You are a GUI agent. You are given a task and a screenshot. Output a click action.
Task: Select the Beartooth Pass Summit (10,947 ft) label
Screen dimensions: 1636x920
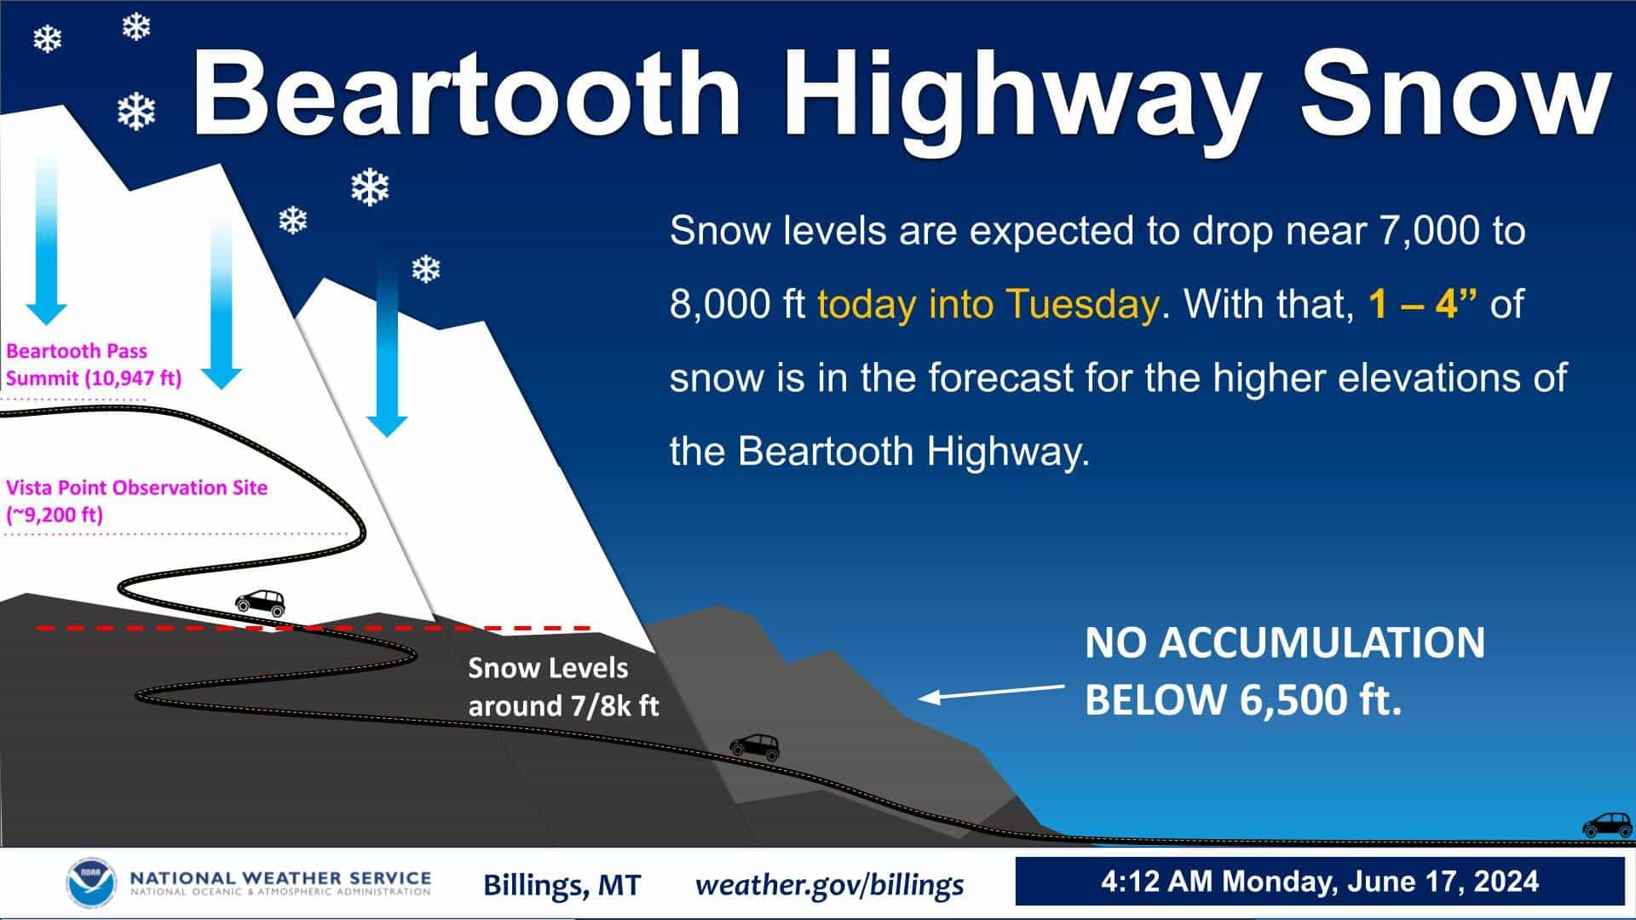94,365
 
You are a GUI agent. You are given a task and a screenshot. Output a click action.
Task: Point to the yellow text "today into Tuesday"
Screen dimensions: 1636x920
988,304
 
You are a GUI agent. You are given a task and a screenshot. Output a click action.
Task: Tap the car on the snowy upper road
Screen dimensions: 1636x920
260,603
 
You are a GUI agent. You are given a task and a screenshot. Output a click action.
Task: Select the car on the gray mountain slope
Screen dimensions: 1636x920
755,746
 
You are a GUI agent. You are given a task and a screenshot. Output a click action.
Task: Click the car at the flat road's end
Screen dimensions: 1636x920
1608,825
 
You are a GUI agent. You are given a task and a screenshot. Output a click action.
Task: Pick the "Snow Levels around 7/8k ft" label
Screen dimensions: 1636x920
563,687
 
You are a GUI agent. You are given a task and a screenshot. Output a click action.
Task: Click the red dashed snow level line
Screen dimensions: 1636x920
314,628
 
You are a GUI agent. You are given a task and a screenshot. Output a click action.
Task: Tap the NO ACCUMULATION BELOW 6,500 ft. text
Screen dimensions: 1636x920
1284,671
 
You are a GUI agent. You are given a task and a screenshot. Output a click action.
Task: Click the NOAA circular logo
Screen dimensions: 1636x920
89,883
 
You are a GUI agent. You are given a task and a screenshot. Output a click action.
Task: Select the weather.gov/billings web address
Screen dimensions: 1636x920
829,884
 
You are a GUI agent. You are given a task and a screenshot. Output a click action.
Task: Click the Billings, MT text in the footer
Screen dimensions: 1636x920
562,885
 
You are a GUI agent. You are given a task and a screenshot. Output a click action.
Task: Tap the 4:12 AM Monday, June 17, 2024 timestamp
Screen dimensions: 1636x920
1319,881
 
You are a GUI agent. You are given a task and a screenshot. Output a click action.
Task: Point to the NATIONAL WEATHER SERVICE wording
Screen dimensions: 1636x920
279,877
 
